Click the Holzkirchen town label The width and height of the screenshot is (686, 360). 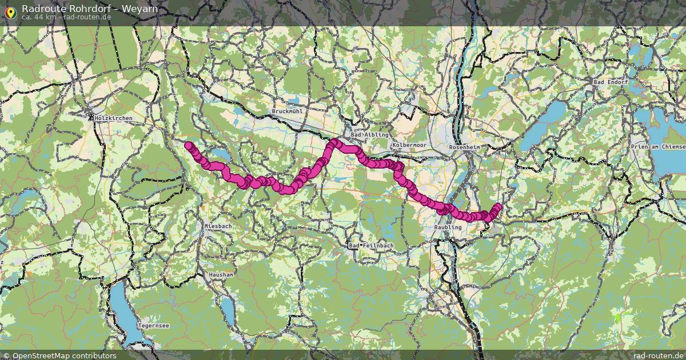coord(113,118)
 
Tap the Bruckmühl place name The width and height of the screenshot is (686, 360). coord(287,111)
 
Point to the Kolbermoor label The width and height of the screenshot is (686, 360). coord(409,145)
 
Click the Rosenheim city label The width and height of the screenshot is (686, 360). coord(465,147)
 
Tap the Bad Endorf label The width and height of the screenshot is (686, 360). coord(611,82)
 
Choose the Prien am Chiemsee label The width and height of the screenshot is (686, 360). coord(657,147)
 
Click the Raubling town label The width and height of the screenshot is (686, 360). coord(448,227)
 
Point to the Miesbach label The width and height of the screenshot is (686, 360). coord(218,226)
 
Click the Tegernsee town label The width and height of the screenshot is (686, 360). coord(153,326)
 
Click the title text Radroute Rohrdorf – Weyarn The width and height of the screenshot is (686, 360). coord(90,9)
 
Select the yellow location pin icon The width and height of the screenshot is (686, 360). coord(10,12)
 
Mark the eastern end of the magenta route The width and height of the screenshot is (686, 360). coord(498,207)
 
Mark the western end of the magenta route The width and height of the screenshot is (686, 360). coord(188,146)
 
